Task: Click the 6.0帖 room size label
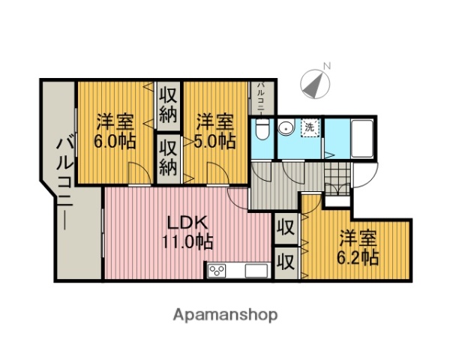tap(115, 141)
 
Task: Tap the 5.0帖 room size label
tap(215, 141)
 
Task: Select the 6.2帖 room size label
tap(358, 256)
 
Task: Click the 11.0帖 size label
tap(187, 241)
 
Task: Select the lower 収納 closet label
tap(167, 157)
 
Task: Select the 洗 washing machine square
tap(309, 127)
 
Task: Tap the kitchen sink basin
tap(252, 271)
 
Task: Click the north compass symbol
tap(313, 82)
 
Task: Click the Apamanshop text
tap(226, 314)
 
